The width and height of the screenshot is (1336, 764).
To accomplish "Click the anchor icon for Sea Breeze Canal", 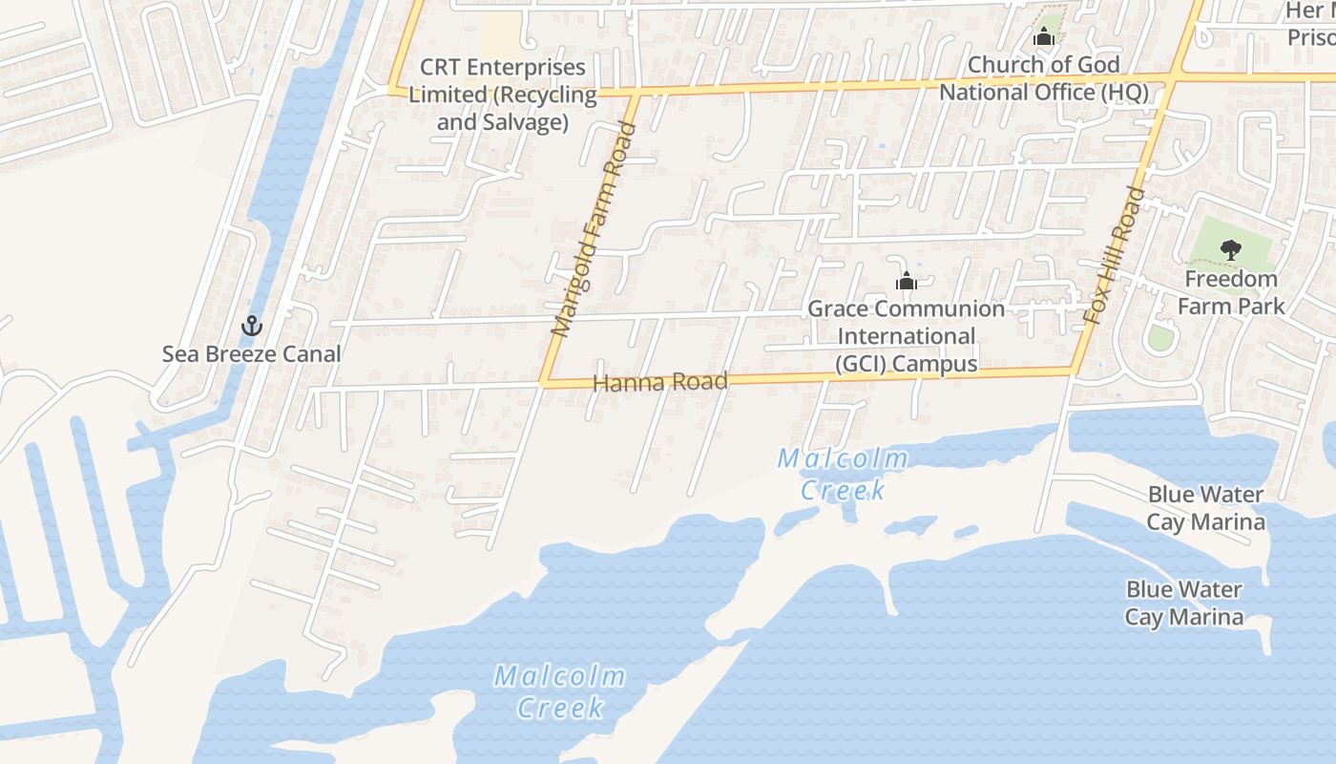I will click(x=251, y=326).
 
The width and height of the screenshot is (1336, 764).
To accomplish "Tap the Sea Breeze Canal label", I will click(x=251, y=354).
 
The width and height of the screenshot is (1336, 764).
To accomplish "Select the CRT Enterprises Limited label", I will click(x=503, y=95).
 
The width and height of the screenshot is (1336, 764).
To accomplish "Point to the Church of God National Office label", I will click(x=1044, y=78).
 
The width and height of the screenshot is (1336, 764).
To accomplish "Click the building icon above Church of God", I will click(x=1044, y=37).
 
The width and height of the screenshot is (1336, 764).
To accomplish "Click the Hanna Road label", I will click(x=660, y=383).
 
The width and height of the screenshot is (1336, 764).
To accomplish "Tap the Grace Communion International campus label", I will click(x=906, y=336).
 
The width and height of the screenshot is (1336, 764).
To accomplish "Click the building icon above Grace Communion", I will click(x=906, y=282).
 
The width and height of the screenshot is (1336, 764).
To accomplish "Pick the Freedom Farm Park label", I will click(x=1230, y=292).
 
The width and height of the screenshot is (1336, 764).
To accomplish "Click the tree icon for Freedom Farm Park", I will click(x=1230, y=250).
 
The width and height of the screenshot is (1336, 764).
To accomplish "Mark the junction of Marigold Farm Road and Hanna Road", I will click(x=543, y=383).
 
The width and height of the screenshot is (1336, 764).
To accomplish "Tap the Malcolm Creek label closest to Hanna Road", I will click(x=843, y=474).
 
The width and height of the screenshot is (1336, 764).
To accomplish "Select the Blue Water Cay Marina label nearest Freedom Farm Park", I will click(x=1205, y=508).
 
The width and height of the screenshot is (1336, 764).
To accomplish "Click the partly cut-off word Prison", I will click(x=1311, y=37).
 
